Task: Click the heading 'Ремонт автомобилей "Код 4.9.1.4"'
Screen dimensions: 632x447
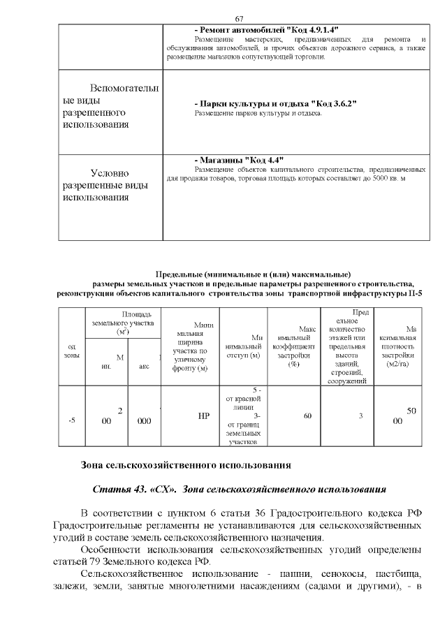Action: pyautogui.click(x=266, y=30)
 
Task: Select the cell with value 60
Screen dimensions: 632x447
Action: pyautogui.click(x=307, y=416)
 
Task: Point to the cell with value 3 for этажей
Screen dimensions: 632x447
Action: pyautogui.click(x=361, y=416)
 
